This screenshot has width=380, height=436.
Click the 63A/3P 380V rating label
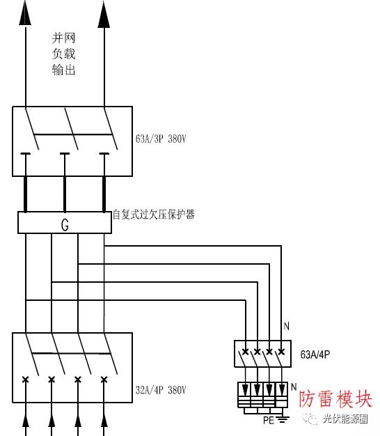[161, 139]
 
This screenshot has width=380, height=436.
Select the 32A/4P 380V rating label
[161, 390]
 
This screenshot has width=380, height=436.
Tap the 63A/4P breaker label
[315, 355]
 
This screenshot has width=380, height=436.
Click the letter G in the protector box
[65, 225]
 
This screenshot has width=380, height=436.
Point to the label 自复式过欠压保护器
[154, 215]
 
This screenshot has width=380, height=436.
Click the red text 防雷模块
[335, 399]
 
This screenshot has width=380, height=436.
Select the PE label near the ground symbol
[269, 420]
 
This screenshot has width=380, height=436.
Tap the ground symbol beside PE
[283, 419]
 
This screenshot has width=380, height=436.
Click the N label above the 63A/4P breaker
[287, 326]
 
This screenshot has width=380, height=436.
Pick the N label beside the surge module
[294, 387]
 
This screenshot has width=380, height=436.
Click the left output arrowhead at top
[25, 13]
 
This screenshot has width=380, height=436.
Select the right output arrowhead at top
[104, 15]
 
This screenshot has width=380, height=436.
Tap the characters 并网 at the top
[63, 38]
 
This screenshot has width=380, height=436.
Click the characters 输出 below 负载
[63, 70]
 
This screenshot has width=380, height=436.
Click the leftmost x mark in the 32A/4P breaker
[26, 379]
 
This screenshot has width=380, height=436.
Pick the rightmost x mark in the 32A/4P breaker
[104, 379]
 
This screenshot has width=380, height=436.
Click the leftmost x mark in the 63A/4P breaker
[245, 352]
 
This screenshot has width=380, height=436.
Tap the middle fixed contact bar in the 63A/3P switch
[65, 153]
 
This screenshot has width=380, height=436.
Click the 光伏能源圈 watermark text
[345, 419]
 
